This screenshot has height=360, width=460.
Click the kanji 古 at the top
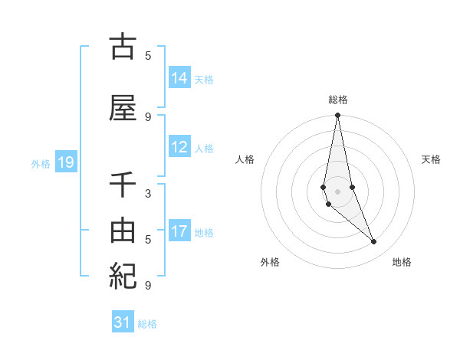[x=123, y=47]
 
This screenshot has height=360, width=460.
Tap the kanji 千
[x=123, y=186]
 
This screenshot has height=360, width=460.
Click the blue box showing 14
[x=179, y=77]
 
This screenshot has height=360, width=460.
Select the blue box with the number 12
[x=179, y=147]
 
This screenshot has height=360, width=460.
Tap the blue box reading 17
[x=179, y=231]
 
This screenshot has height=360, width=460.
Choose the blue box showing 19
[x=65, y=162]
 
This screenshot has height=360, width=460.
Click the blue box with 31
[x=123, y=322]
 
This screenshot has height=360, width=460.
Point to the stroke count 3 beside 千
[x=147, y=194]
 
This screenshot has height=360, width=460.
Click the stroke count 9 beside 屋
[x=147, y=116]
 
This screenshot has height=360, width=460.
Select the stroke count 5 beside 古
[x=147, y=55]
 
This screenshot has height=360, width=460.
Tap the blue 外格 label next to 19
[x=41, y=163]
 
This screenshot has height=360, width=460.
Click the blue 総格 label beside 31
[x=147, y=324]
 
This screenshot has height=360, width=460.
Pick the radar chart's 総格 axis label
[x=337, y=100]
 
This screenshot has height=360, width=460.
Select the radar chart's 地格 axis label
[x=402, y=263]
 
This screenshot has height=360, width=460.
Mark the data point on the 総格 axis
[x=337, y=116]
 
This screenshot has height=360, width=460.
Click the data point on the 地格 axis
[x=374, y=242]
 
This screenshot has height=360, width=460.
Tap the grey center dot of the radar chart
[x=337, y=191]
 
